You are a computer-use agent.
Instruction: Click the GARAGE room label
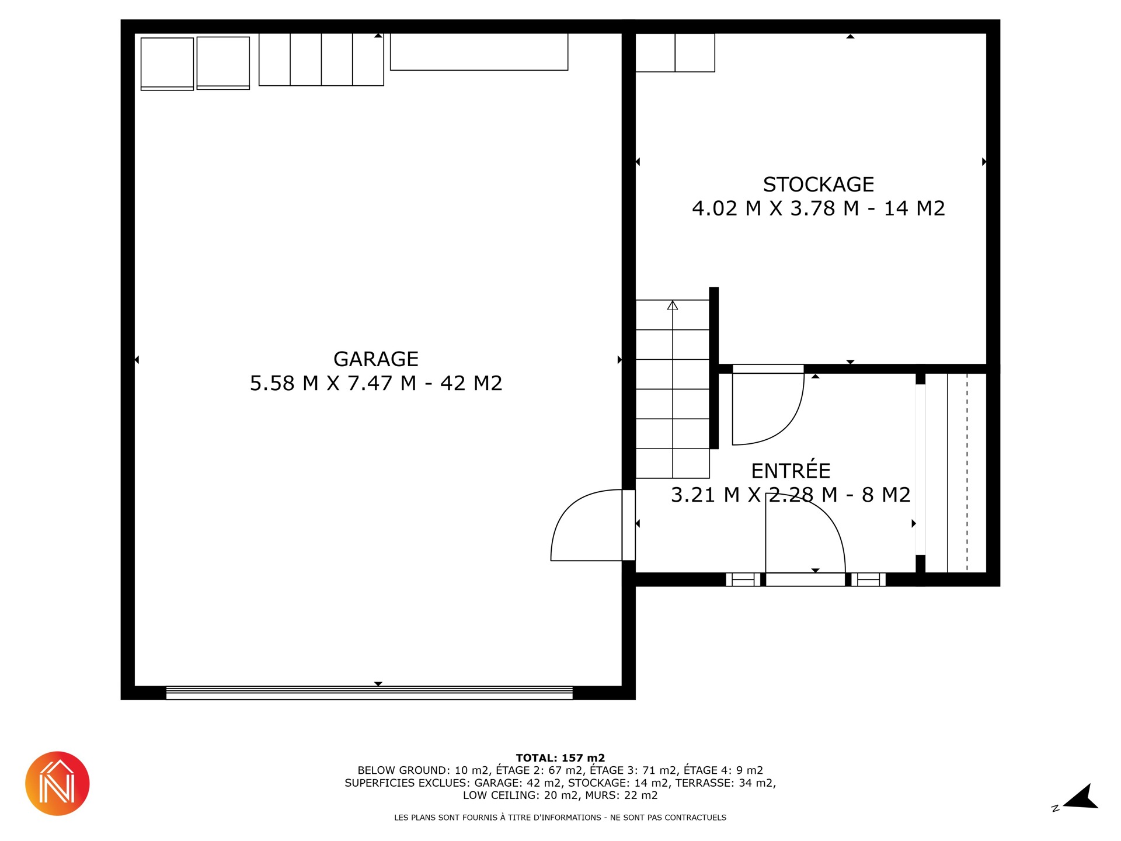[375, 359]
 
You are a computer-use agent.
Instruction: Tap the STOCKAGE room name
[819, 185]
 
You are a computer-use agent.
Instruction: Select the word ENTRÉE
[791, 470]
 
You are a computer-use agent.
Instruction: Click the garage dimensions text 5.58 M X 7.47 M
[333, 383]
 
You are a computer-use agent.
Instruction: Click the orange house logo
[57, 783]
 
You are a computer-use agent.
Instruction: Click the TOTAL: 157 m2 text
[560, 758]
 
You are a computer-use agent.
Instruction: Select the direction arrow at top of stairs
[673, 305]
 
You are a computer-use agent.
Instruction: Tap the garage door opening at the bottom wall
[370, 693]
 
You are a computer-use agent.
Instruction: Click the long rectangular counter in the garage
[479, 52]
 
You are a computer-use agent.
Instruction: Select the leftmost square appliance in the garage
[167, 64]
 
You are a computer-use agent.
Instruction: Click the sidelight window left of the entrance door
[743, 579]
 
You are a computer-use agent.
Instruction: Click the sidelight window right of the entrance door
[868, 579]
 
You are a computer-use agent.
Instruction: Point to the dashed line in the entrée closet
[967, 472]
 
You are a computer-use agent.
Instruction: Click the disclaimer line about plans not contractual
[560, 818]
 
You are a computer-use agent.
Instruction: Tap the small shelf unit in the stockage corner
[675, 53]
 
